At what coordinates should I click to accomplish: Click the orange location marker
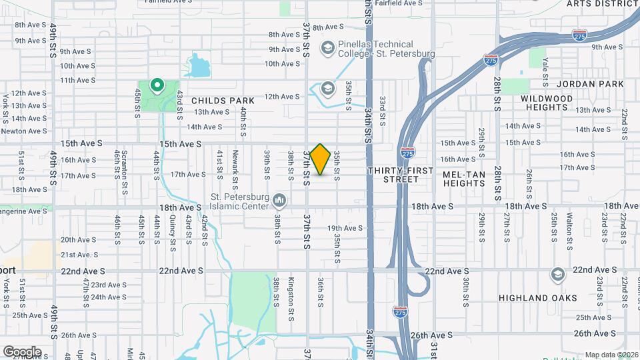(320, 159)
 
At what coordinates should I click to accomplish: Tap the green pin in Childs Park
(157, 85)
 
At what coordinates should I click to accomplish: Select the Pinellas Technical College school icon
(327, 48)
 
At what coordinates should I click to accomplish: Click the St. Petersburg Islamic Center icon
(280, 199)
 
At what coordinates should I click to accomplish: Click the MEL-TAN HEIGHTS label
(464, 179)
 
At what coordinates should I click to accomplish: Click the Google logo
(22, 351)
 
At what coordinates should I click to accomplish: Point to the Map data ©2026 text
(611, 355)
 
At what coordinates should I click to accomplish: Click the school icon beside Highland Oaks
(558, 275)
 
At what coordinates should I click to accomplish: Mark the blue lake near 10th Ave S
(198, 66)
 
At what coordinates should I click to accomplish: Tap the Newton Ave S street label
(23, 131)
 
